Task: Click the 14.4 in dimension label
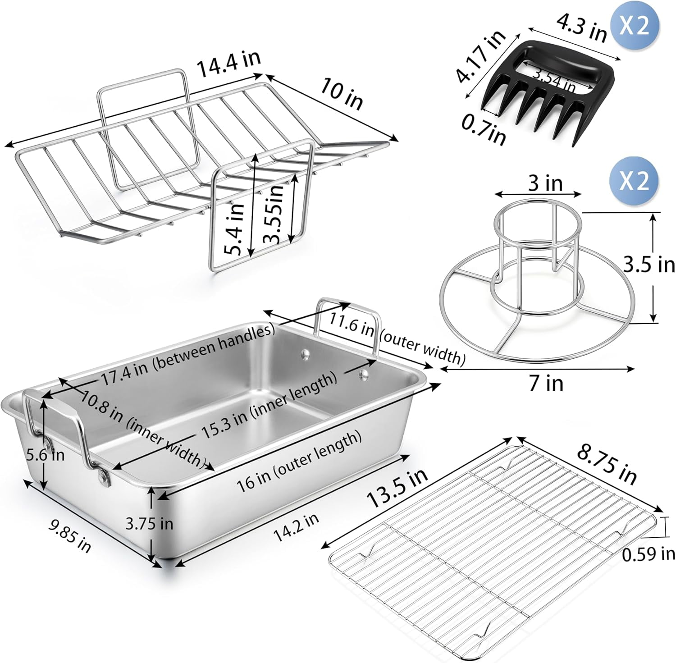(x=228, y=65)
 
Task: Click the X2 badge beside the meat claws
(x=634, y=25)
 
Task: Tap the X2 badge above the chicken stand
(x=634, y=180)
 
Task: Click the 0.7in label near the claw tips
(x=484, y=130)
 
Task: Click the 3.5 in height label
(x=649, y=265)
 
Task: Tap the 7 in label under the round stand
(x=546, y=384)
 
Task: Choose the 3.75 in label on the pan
(x=149, y=523)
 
